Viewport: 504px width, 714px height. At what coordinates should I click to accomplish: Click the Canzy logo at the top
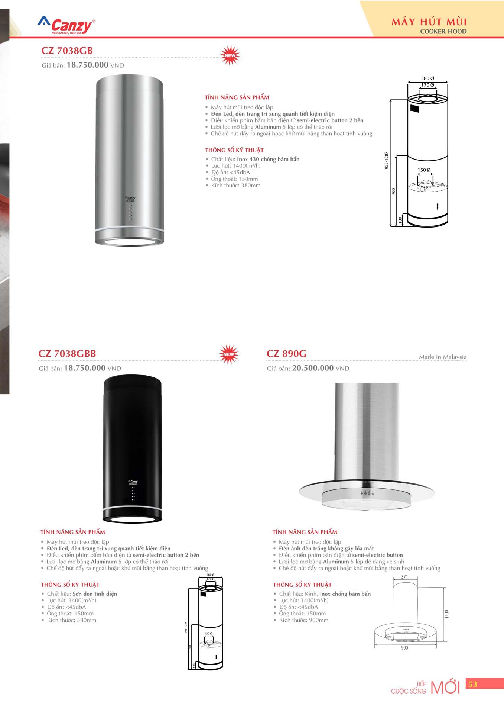pos(66,26)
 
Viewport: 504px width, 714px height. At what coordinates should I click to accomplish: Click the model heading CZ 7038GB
pos(67,51)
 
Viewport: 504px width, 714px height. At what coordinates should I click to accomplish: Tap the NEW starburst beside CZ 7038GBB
pos(228,354)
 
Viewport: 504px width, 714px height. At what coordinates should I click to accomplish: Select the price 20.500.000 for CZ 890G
pos(313,368)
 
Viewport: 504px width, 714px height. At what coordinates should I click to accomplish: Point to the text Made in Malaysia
pos(442,357)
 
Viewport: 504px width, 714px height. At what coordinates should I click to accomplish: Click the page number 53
pos(472,684)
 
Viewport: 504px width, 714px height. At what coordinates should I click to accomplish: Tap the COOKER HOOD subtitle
pos(443,32)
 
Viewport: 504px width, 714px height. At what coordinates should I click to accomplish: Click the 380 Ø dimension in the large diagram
pos(427,78)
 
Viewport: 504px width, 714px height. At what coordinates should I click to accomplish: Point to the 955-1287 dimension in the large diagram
pos(386,160)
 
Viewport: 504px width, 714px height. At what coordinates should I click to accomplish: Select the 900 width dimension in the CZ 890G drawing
pos(404,648)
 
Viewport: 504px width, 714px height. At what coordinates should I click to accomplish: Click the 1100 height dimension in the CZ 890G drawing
pos(447,614)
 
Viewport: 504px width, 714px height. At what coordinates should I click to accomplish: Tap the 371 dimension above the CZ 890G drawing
pos(404,577)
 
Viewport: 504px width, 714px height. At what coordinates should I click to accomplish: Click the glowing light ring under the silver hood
pos(129,242)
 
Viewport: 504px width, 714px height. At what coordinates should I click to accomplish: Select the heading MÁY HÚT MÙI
pos(429,22)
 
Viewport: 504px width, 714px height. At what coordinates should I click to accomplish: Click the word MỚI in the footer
pos(445,687)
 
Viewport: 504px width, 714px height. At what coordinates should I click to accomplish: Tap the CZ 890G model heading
pos(286,354)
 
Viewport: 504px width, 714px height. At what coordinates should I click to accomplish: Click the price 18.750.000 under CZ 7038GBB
pos(85,368)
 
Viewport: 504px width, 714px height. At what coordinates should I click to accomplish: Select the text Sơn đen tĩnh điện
pos(95,594)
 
